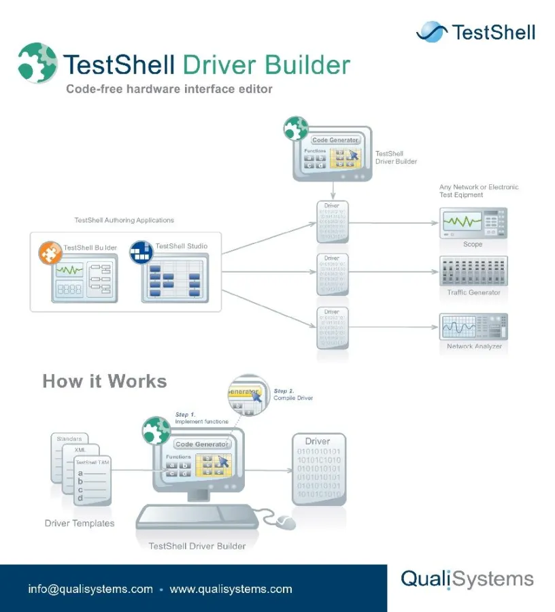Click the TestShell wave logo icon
click(x=431, y=31)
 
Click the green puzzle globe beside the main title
click(x=37, y=63)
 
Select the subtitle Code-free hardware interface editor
click(x=169, y=88)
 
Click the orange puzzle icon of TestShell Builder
click(x=50, y=252)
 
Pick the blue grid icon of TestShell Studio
click(x=141, y=252)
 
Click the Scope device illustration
click(x=473, y=223)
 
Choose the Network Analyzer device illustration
click(x=473, y=327)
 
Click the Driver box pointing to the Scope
click(x=333, y=222)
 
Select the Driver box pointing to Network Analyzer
click(x=333, y=327)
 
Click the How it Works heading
click(x=104, y=381)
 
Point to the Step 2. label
click(x=285, y=391)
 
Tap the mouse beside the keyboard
click(x=286, y=522)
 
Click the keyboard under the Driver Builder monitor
click(x=197, y=517)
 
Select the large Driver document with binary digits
click(x=318, y=469)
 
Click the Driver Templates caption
click(x=80, y=524)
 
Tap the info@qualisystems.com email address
click(x=90, y=589)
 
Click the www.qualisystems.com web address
click(x=231, y=589)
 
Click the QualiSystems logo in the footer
click(x=467, y=579)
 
